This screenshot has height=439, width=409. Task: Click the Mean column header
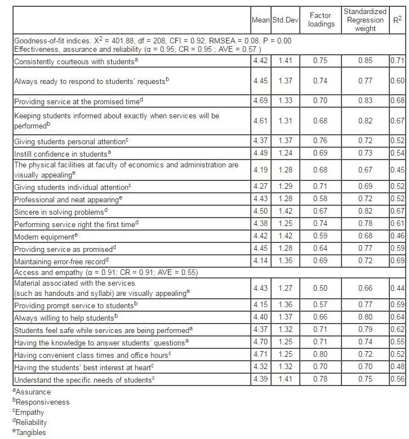(260, 20)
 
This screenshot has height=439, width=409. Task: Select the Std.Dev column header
(284, 20)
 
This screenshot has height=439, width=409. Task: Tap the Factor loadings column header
(319, 20)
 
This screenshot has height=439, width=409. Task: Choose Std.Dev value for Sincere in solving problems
(284, 211)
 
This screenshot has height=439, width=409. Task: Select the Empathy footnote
(32, 412)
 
